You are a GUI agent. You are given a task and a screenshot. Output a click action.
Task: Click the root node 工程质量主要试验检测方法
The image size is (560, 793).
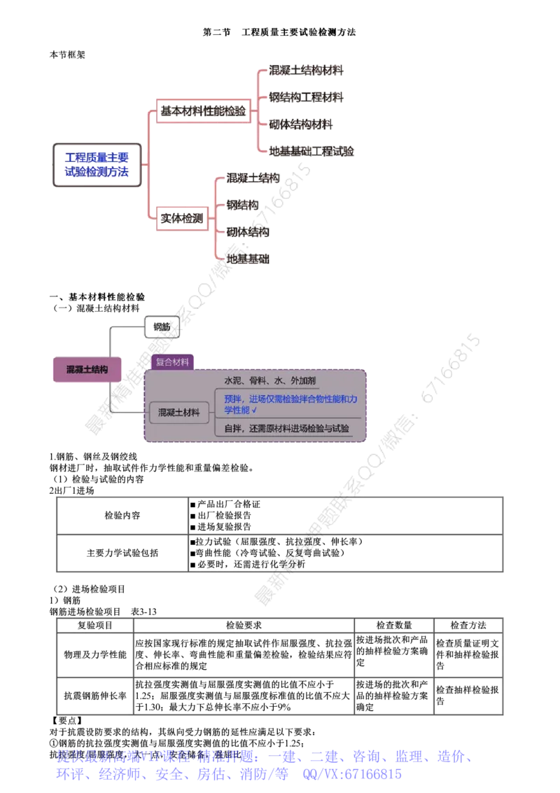click(98, 165)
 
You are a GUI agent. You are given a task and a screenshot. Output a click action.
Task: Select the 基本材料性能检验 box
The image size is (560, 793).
click(203, 111)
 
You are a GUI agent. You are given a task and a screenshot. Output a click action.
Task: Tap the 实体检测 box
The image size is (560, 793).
click(181, 219)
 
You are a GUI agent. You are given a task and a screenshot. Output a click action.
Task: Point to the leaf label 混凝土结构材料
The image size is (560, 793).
click(307, 70)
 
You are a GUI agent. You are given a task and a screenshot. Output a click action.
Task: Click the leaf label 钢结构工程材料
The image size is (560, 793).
click(307, 97)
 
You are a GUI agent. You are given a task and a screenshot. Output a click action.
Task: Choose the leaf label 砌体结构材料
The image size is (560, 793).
click(302, 124)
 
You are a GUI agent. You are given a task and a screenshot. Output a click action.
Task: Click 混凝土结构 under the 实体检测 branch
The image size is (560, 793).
click(253, 178)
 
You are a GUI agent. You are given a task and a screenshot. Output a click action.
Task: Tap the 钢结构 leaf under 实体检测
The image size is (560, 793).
click(241, 205)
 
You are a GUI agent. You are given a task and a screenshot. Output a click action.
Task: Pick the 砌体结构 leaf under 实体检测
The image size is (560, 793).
click(247, 231)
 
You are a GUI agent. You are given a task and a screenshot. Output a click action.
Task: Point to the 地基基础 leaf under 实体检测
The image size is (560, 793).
click(247, 258)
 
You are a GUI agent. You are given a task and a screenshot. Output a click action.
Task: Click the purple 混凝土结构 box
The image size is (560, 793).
click(87, 369)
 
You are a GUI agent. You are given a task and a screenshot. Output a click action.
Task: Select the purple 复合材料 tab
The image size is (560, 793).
click(172, 361)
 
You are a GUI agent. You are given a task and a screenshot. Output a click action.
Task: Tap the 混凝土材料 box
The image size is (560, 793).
click(178, 413)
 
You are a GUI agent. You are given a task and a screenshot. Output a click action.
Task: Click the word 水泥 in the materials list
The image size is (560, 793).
click(232, 380)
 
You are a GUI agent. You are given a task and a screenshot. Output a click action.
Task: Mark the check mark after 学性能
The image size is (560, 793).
click(254, 411)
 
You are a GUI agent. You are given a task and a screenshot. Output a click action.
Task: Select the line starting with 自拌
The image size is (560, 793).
click(286, 428)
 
